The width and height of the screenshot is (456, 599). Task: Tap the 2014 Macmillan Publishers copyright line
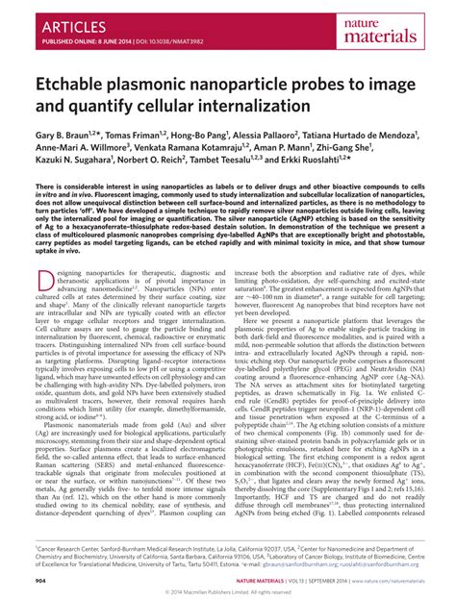228,592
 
